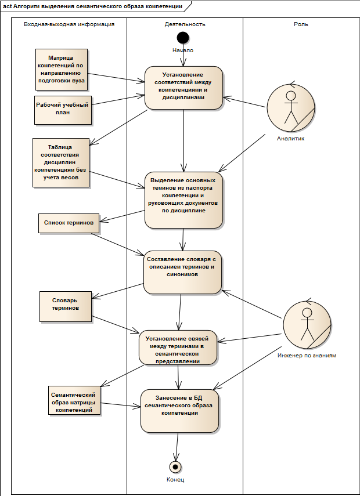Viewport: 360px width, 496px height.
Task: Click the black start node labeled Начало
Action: tap(183, 38)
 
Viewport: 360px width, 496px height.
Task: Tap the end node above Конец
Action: tap(175, 466)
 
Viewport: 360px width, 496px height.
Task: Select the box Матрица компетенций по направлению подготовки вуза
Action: tap(62, 69)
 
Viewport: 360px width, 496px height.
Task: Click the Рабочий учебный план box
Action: tap(63, 110)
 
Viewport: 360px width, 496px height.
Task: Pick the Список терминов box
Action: tap(69, 223)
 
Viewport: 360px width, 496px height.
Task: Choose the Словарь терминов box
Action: tap(66, 306)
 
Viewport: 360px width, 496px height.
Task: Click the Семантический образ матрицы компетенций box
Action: tap(74, 400)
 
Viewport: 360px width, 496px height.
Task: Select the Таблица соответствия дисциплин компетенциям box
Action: tap(61, 162)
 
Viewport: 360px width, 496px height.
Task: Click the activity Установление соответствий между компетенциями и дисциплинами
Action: tap(183, 88)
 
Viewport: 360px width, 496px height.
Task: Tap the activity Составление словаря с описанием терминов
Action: tap(182, 272)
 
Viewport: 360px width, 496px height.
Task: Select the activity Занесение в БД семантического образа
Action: tap(179, 411)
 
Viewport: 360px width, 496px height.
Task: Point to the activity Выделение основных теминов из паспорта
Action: tap(183, 200)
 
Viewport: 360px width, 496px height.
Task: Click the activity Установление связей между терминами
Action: tap(178, 347)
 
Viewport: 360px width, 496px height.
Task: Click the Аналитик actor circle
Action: tap(291, 107)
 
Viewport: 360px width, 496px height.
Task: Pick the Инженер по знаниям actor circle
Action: tap(307, 324)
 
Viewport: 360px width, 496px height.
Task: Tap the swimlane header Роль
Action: tap(301, 24)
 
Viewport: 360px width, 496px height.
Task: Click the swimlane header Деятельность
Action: tap(185, 24)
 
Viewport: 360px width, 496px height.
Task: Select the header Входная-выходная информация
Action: tap(69, 24)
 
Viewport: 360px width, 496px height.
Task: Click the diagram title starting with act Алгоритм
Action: tap(92, 6)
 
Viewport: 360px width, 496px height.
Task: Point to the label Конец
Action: tap(175, 480)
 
